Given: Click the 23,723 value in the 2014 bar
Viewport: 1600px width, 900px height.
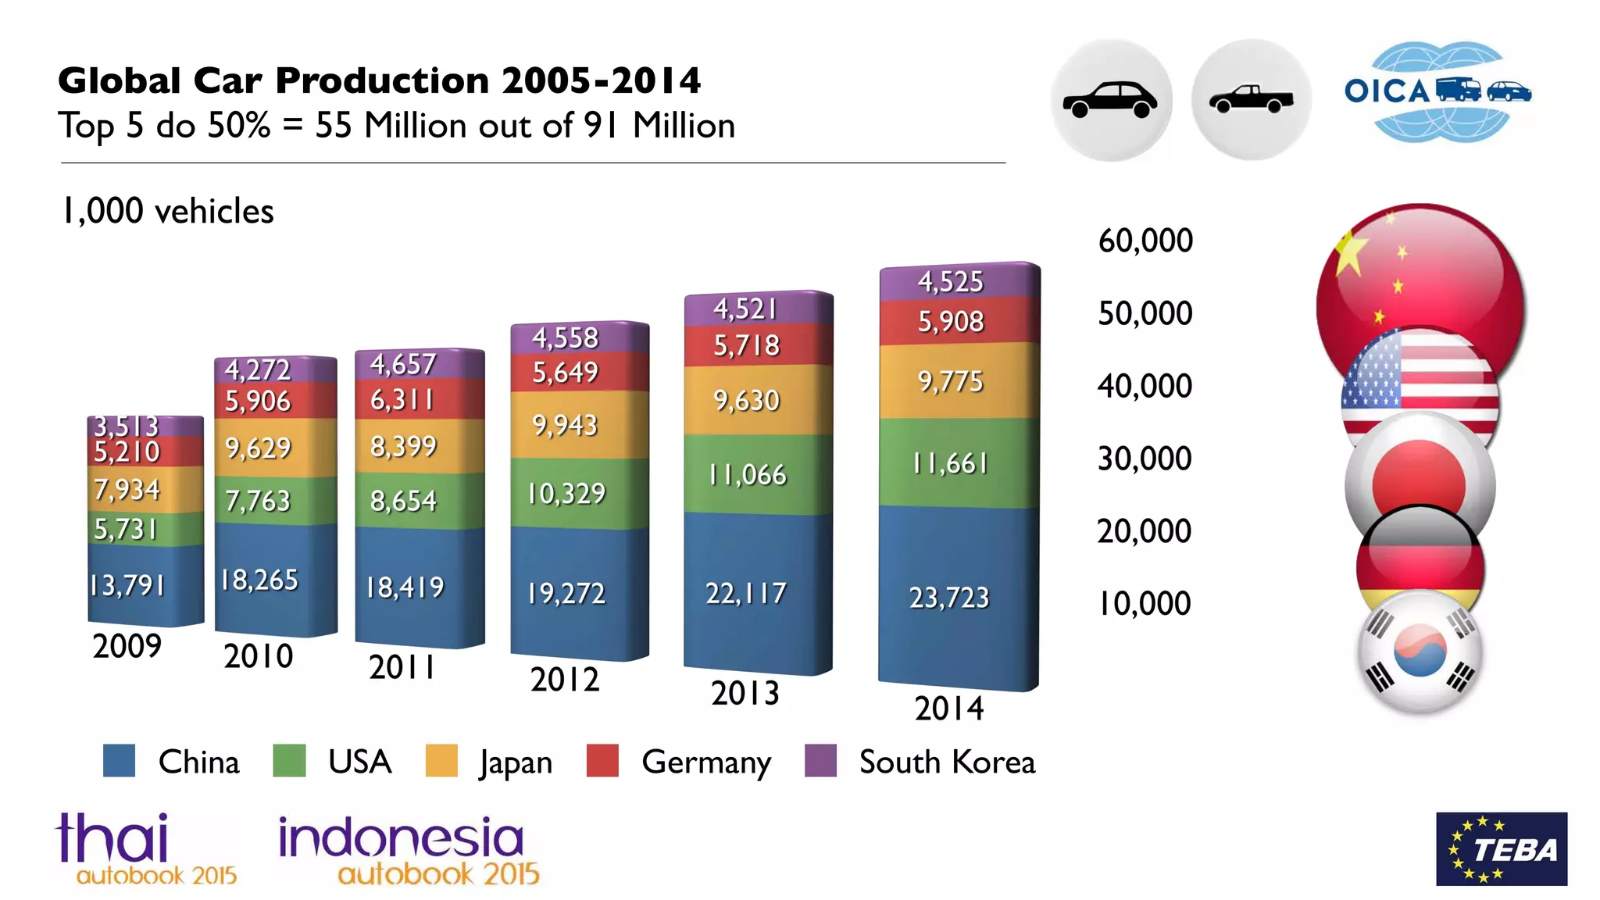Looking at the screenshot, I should [x=948, y=598].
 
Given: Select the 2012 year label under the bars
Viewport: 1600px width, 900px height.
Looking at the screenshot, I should [x=564, y=680].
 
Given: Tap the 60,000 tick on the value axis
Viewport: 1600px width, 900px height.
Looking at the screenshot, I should [x=1145, y=241].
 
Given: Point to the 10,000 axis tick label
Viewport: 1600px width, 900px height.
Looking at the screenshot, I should [x=1145, y=604].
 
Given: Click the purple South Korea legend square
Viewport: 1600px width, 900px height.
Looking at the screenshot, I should [x=820, y=761].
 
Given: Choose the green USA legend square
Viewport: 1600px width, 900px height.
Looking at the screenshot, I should [x=289, y=761].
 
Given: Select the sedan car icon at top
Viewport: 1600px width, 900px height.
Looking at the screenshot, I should [x=1110, y=100].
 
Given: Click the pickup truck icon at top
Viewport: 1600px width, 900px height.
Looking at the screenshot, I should [x=1251, y=100].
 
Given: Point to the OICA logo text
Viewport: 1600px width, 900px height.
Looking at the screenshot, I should [x=1386, y=91].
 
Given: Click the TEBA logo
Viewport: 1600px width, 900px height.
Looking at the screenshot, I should [x=1501, y=848].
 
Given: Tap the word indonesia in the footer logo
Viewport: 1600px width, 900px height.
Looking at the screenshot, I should [x=401, y=837].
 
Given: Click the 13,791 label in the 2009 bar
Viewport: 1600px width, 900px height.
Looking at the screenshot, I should [x=127, y=585].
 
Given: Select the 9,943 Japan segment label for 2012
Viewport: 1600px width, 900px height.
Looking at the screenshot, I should [x=564, y=426].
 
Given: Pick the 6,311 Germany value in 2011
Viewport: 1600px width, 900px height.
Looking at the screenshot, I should [x=402, y=400].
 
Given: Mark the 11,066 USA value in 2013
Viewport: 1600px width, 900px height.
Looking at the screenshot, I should [x=747, y=475].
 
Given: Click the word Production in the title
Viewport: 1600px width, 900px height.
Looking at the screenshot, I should [x=382, y=80].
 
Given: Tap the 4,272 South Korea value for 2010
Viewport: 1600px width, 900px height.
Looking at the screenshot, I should [x=257, y=370].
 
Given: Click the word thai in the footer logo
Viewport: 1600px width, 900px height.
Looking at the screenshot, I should [x=112, y=837].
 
